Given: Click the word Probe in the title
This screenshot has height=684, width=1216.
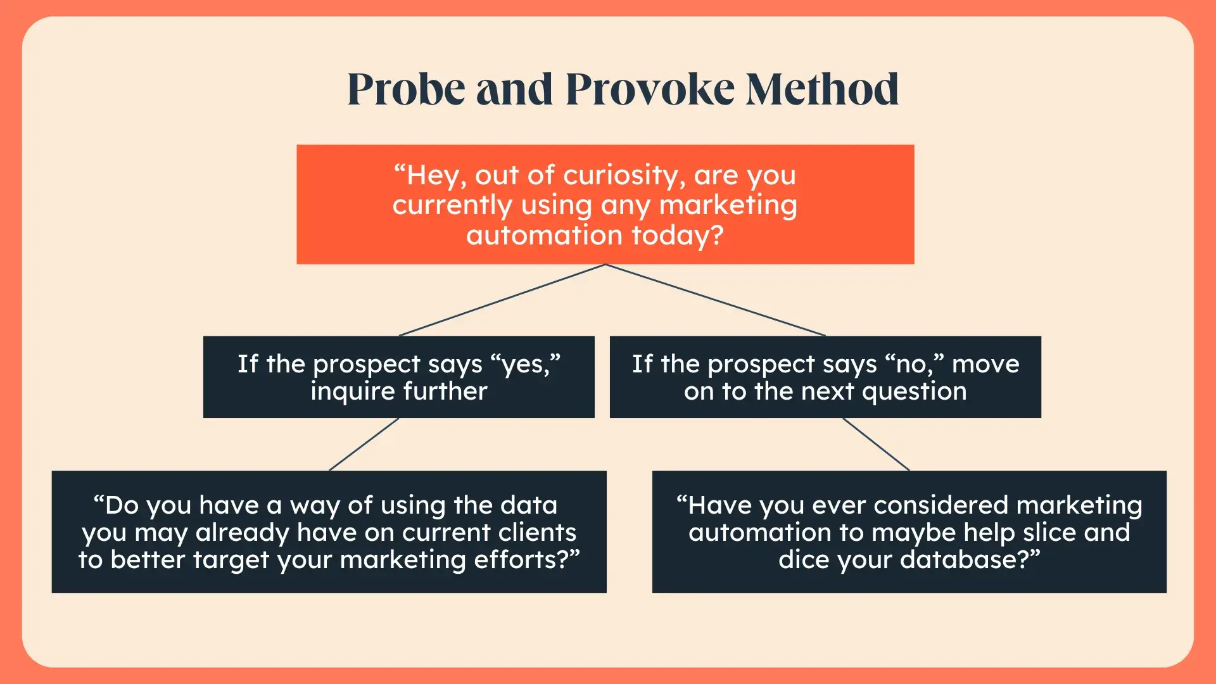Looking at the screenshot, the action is click(407, 90).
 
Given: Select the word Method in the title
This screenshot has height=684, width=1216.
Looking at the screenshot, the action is click(822, 89).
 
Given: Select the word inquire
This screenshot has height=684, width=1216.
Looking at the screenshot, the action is click(353, 391).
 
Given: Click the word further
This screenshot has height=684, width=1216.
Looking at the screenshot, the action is click(445, 391).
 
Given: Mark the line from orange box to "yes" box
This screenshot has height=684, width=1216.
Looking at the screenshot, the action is click(502, 300).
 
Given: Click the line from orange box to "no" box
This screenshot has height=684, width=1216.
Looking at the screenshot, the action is click(716, 300).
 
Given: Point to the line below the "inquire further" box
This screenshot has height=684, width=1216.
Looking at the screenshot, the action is click(364, 444).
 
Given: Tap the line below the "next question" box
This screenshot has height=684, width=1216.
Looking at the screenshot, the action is click(876, 444).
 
